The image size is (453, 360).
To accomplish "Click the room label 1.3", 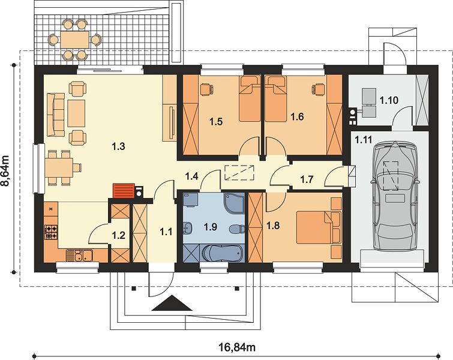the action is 118,146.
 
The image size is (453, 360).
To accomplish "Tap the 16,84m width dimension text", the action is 236,347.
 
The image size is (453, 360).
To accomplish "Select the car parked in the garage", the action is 395,196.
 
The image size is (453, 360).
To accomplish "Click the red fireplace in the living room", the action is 124,191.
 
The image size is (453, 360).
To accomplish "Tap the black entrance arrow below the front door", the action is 172,303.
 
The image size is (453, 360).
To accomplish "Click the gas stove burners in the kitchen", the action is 51,232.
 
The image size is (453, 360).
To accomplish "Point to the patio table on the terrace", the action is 74,40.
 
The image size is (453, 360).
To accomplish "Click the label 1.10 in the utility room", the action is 389,101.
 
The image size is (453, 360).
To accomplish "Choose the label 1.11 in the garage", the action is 363,140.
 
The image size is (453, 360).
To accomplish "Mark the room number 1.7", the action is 307,179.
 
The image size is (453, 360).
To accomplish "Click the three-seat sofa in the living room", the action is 55,115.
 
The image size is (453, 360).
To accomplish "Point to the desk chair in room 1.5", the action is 206,89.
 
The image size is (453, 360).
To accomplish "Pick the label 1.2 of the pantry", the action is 118,235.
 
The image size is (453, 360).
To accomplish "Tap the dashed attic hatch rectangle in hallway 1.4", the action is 239,173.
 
